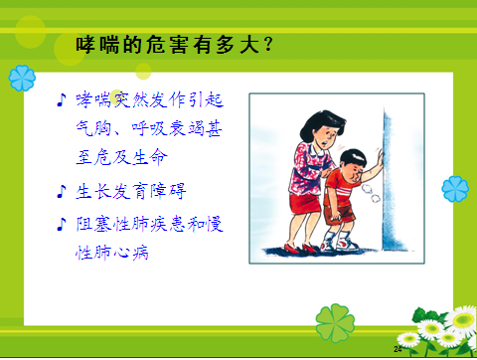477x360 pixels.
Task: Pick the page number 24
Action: pos(398,350)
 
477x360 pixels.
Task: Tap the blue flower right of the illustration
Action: pos(455,187)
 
